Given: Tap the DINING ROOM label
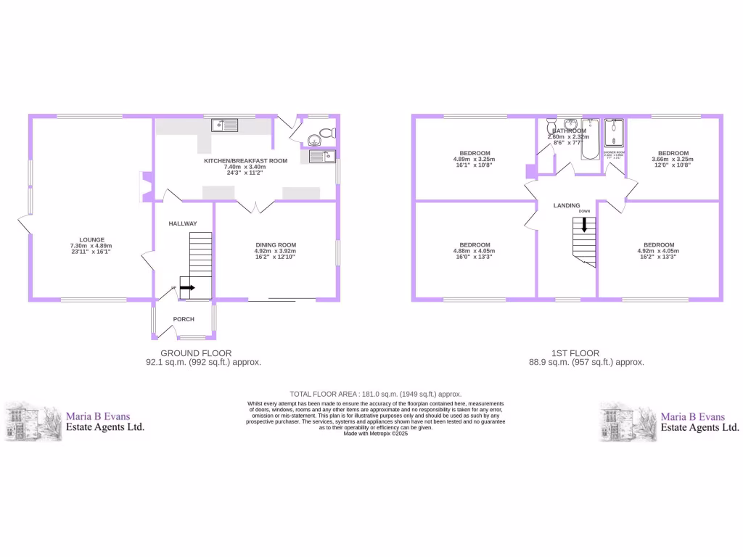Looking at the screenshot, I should click(x=276, y=244).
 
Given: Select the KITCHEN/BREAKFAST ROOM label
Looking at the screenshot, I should click(x=245, y=160).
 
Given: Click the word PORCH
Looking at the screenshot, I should click(x=183, y=319).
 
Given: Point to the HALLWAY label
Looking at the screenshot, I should click(x=183, y=223).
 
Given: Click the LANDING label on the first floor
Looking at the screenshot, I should click(x=567, y=206).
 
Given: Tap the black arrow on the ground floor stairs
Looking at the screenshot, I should click(x=187, y=288).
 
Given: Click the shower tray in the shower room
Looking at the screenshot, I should click(x=615, y=133).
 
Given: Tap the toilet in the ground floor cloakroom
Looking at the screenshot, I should click(x=327, y=133).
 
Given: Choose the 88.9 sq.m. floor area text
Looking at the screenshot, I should click(x=586, y=362).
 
